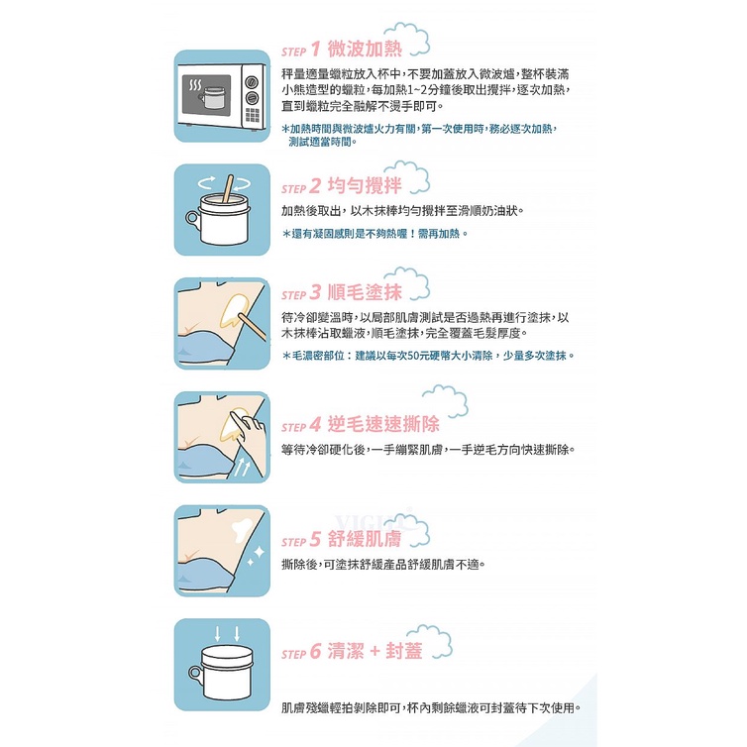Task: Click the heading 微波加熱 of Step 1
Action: (x=365, y=49)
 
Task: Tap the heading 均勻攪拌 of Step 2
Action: (x=365, y=185)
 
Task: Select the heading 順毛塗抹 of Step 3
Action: (x=365, y=292)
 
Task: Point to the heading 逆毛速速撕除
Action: (x=383, y=424)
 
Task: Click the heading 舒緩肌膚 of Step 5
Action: (x=365, y=539)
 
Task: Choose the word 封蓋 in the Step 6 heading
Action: (x=404, y=651)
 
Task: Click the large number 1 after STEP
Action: (x=315, y=50)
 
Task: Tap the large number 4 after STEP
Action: (x=315, y=424)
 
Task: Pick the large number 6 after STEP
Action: (x=315, y=651)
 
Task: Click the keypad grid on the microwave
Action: (x=253, y=115)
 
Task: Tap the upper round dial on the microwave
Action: (x=252, y=82)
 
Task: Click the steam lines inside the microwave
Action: (x=195, y=85)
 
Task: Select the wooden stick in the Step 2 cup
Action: (x=228, y=188)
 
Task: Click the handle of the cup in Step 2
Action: (x=192, y=219)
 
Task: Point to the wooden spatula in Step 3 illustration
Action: (x=253, y=327)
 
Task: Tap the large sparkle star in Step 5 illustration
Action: (x=259, y=553)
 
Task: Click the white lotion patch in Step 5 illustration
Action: (x=243, y=530)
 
